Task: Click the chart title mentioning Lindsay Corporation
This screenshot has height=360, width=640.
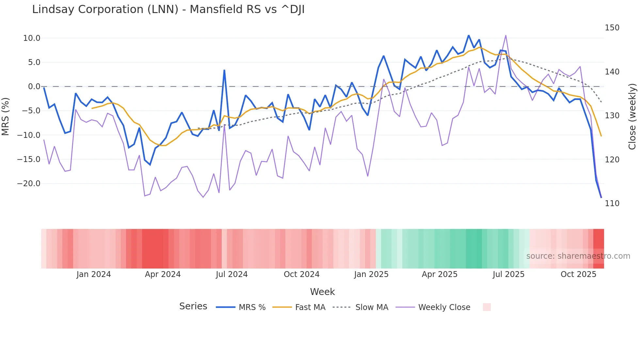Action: [x=168, y=9]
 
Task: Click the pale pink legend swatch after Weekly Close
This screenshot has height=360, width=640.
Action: [x=487, y=307]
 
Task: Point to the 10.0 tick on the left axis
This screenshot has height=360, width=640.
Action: [x=32, y=38]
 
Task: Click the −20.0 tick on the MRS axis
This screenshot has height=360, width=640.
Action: [x=29, y=184]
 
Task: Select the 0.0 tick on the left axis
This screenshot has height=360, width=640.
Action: [x=34, y=87]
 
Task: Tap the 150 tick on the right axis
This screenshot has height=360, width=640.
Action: [x=612, y=28]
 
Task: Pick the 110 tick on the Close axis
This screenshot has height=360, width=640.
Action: [x=612, y=204]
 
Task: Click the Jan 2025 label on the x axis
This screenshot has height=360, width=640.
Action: [x=371, y=274]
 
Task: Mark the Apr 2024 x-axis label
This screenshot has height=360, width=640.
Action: [x=163, y=274]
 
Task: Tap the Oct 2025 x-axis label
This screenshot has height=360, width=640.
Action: [x=578, y=274]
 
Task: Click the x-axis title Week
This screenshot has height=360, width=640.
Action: [x=322, y=292]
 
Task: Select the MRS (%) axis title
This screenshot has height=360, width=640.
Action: [x=6, y=116]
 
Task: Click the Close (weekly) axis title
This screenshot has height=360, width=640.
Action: [x=632, y=116]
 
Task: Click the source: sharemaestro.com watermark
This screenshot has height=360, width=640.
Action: [x=578, y=256]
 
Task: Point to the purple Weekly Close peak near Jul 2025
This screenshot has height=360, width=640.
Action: [x=506, y=36]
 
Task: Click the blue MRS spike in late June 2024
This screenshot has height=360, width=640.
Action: [x=224, y=70]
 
